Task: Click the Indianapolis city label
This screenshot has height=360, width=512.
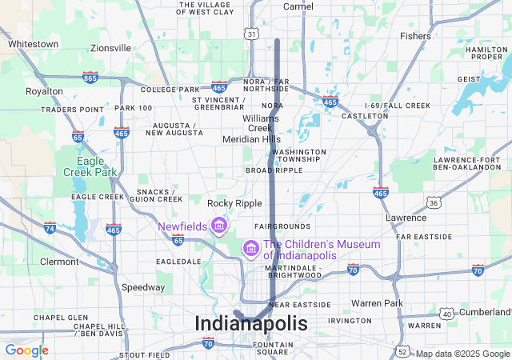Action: [x=250, y=324]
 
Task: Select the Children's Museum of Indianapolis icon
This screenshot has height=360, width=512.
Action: [x=250, y=250]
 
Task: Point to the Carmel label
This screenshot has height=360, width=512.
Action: [x=298, y=6]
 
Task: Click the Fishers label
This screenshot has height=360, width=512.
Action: [x=415, y=36]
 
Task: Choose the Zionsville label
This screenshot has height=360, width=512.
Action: [x=110, y=48]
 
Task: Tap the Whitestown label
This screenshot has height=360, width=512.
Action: [x=33, y=44]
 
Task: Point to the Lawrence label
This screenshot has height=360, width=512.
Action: [x=406, y=218]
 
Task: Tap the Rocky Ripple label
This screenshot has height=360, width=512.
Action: [x=230, y=204]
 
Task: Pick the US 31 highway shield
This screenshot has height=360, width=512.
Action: [x=252, y=34]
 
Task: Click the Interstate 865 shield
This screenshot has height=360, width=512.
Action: [x=90, y=78]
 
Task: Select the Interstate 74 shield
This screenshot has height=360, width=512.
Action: [x=50, y=228]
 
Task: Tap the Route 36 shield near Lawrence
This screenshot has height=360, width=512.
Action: [x=433, y=203]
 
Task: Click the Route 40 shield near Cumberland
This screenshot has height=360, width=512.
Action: [x=447, y=314]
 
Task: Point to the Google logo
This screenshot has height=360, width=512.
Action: [x=26, y=350]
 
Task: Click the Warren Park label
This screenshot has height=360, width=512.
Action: [x=377, y=304]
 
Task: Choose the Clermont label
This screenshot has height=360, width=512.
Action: [x=59, y=262]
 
